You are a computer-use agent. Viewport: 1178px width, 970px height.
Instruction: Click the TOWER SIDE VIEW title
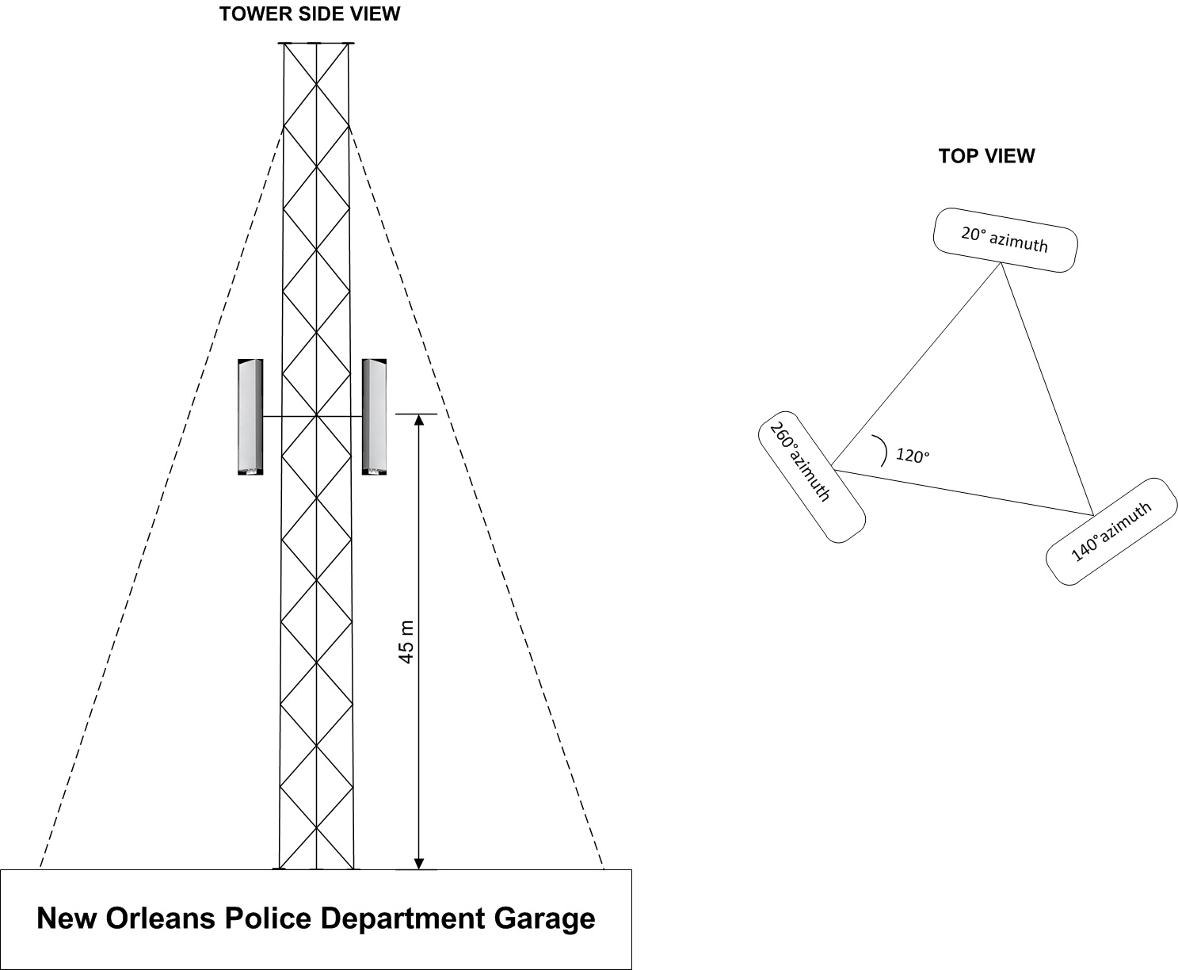(310, 14)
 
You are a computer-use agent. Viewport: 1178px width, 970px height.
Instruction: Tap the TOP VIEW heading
(986, 156)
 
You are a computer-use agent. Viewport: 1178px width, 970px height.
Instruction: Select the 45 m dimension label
(406, 642)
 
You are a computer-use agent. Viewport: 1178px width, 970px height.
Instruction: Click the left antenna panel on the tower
(250, 417)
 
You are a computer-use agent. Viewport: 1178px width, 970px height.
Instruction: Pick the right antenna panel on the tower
(374, 417)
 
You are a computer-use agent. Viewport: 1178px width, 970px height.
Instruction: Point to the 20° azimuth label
(1005, 239)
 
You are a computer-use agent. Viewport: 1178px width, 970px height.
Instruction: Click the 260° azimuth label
(800, 461)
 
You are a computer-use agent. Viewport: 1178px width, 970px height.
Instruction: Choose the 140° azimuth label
(1111, 532)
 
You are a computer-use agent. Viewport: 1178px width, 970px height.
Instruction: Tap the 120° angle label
(913, 456)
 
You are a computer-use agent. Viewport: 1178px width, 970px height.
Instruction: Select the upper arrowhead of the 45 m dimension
(419, 420)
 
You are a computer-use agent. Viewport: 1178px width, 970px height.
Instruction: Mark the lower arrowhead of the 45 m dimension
(419, 863)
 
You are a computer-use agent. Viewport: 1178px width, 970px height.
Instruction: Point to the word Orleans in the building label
(160, 918)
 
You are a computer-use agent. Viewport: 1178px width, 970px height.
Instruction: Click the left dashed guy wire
(162, 498)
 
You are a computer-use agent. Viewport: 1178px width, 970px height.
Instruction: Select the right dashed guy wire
(476, 498)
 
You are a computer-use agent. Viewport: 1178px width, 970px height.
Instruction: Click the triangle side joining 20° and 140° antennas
(1047, 389)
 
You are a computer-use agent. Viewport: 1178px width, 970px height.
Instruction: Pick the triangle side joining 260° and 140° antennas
(963, 492)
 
